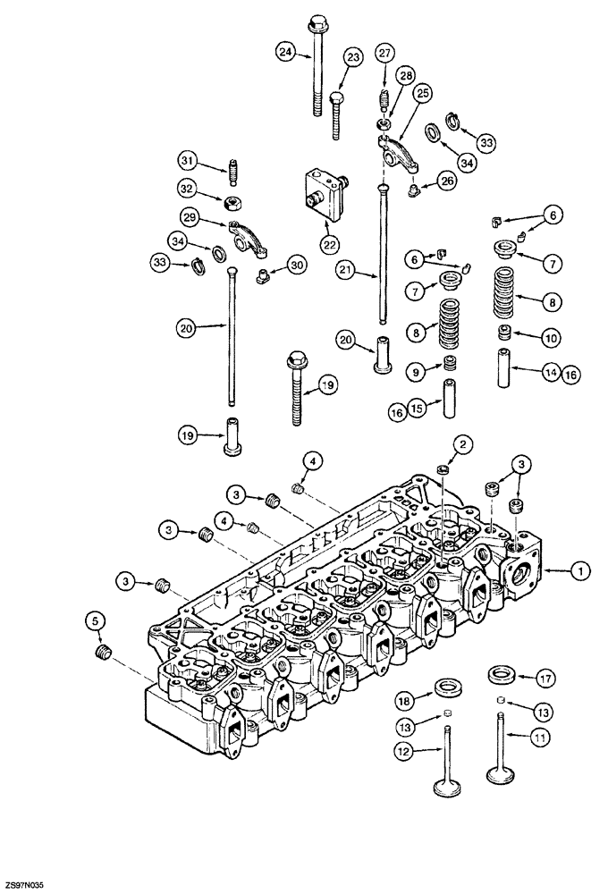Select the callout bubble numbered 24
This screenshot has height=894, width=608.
(285, 53)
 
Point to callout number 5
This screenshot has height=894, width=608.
(94, 618)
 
